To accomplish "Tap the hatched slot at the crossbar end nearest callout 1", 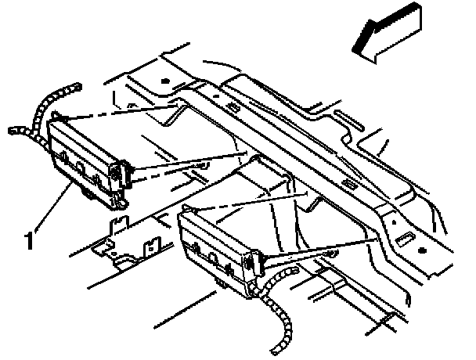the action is pos(233,105).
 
